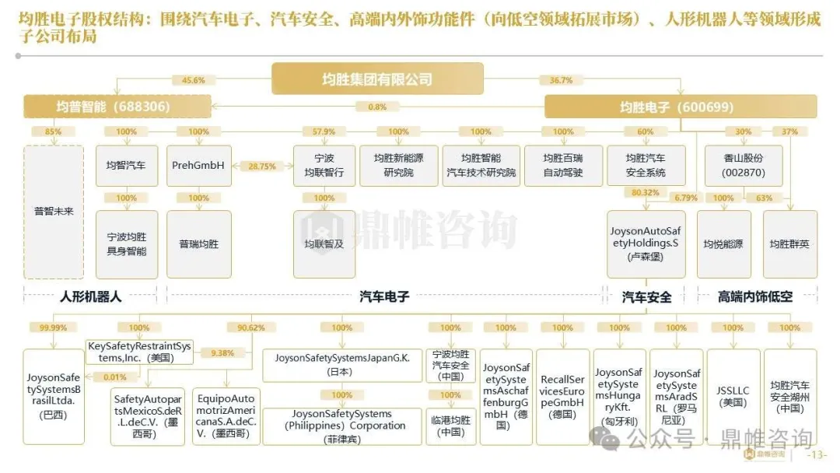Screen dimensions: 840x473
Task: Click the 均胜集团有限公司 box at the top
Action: click(377, 79)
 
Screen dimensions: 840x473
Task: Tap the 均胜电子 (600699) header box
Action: click(680, 107)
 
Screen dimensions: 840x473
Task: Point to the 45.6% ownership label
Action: click(193, 80)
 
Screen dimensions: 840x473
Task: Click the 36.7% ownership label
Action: click(561, 80)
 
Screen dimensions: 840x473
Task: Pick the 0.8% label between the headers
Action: click(377, 107)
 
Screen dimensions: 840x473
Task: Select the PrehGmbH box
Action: click(198, 166)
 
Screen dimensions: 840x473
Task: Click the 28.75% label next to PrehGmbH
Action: click(262, 166)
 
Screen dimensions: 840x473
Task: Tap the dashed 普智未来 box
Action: click(53, 212)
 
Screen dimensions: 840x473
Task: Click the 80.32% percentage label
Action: click(646, 192)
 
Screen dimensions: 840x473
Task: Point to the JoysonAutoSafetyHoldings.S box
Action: click(646, 243)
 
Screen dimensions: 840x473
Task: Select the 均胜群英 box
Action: click(789, 244)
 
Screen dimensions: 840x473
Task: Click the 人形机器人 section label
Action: click(91, 296)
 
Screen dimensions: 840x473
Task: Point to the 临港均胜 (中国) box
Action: click(451, 426)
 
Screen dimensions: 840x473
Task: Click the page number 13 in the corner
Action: click(819, 455)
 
